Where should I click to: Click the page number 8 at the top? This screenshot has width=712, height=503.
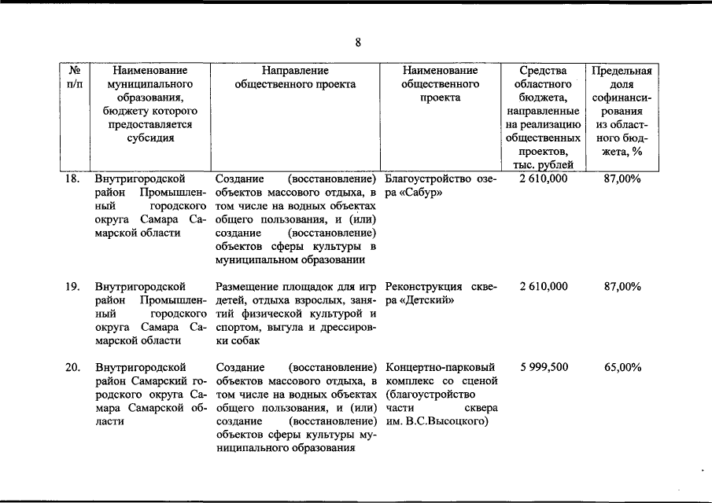click(x=357, y=43)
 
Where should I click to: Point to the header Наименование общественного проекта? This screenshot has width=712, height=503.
click(x=441, y=83)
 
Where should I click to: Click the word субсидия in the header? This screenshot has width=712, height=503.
click(x=151, y=138)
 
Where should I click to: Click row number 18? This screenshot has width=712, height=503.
click(x=72, y=178)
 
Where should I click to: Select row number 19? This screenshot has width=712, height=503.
click(x=72, y=287)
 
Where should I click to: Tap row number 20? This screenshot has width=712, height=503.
click(x=72, y=368)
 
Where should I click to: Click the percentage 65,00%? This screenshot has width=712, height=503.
click(x=622, y=368)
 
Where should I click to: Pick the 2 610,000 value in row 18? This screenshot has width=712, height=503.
click(x=544, y=178)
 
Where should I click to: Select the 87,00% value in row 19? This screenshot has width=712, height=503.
click(x=622, y=287)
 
